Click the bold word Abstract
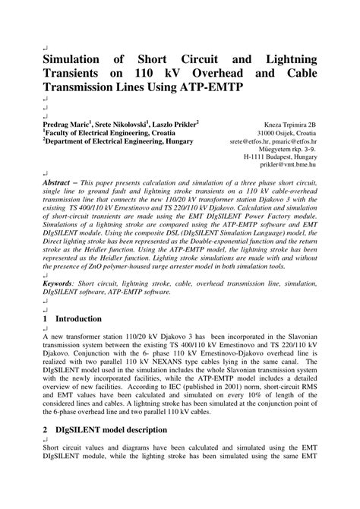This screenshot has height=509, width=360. coord(63,183)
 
